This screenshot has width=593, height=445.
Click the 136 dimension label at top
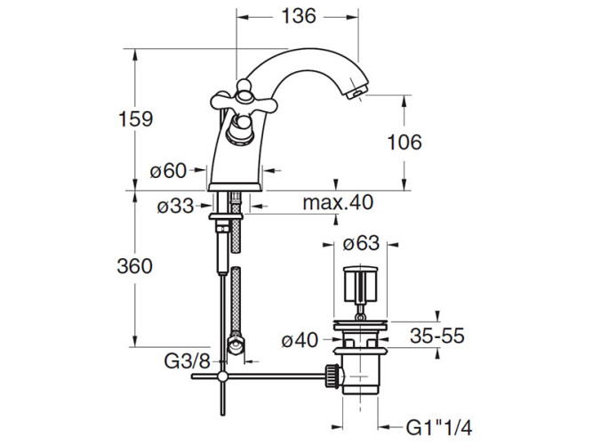[x=299, y=16]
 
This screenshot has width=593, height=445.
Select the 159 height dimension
[x=136, y=119]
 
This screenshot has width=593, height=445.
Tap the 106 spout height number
[x=405, y=142]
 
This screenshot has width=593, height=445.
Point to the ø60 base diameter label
[x=168, y=171]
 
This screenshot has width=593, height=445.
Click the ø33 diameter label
[x=175, y=206]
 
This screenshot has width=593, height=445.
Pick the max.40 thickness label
[x=338, y=202]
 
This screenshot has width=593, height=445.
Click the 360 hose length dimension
[x=134, y=266]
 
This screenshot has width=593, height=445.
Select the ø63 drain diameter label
[x=361, y=243]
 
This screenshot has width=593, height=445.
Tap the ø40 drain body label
[x=300, y=341]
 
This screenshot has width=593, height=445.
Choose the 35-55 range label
[x=437, y=336]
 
